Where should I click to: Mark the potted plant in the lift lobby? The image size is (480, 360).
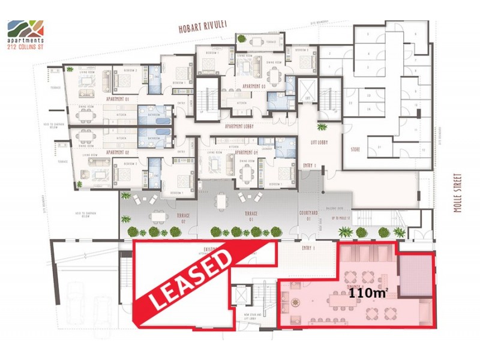(x=322, y=127)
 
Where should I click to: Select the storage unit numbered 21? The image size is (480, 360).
(x=379, y=146)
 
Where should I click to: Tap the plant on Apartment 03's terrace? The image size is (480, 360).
(x=242, y=40)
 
